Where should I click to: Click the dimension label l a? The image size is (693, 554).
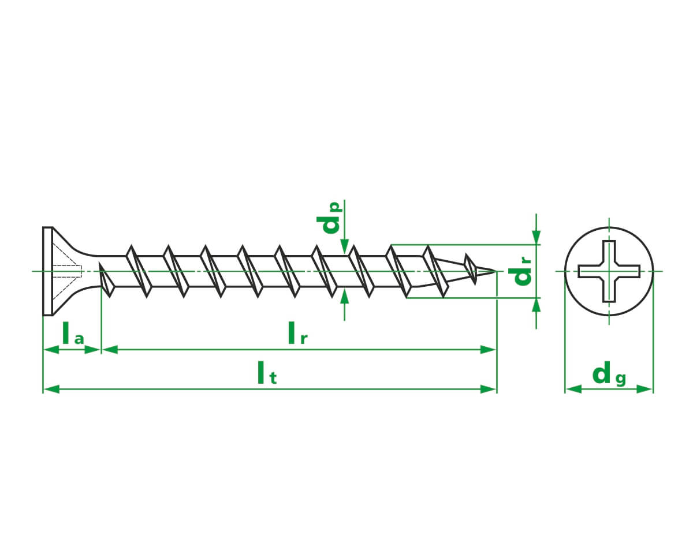tap(73, 333)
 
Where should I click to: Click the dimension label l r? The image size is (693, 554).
tap(297, 333)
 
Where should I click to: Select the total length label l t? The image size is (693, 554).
tap(267, 373)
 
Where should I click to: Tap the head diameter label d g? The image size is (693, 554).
tap(609, 373)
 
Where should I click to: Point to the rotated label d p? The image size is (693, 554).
tap(329, 218)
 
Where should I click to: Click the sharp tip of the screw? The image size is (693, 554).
tap(495, 271)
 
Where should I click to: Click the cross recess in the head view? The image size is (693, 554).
tap(609, 271)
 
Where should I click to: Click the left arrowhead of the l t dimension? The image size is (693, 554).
tap(51, 389)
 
